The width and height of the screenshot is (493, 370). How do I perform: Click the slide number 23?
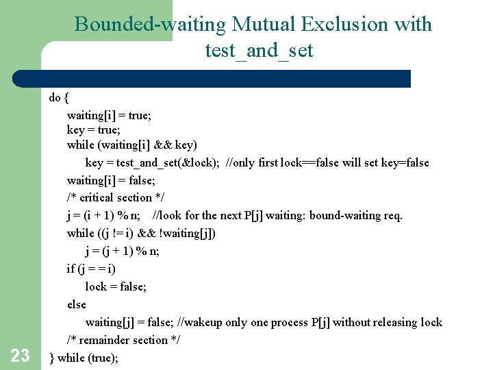click(20, 355)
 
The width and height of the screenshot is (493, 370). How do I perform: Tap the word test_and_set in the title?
click(259, 50)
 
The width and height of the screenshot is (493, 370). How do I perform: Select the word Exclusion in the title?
click(343, 25)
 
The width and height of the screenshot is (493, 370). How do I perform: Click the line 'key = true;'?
click(92, 129)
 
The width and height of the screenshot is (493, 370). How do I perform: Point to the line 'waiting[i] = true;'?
click(109, 115)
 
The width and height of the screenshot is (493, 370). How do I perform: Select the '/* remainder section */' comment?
click(123, 340)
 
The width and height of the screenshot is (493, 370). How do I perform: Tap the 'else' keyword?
click(77, 304)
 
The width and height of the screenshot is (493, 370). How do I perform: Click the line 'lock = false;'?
click(116, 286)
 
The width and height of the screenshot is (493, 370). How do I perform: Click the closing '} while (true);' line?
click(84, 358)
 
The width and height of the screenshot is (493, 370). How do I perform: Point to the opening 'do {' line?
click(58, 97)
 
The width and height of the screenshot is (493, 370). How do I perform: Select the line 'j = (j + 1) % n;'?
click(123, 251)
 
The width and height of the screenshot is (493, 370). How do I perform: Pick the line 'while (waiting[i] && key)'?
click(132, 145)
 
